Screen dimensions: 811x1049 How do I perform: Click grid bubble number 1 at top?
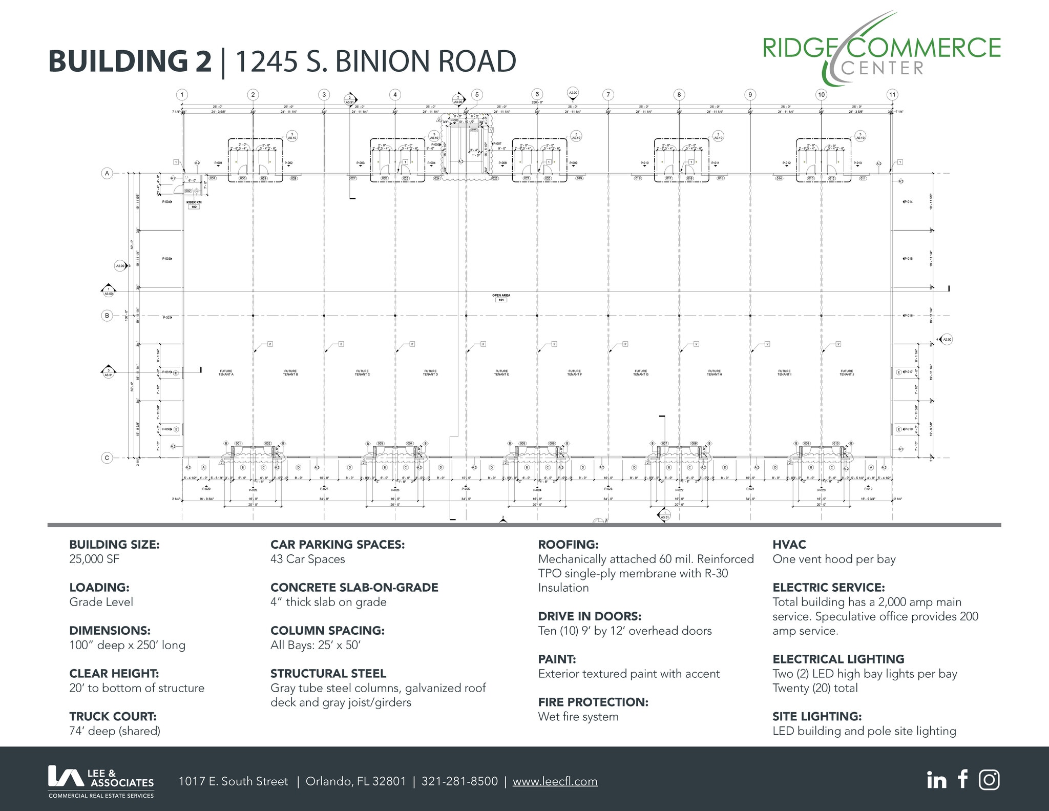[182, 95]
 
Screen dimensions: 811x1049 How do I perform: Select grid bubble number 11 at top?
[892, 95]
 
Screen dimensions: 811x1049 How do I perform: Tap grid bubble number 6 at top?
[537, 94]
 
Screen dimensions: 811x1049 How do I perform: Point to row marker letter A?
[107, 173]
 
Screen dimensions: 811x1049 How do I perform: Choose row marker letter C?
[107, 458]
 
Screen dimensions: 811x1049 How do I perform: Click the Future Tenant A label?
[226, 373]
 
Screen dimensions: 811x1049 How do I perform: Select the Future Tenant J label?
[847, 373]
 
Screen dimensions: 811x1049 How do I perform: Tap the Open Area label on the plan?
[501, 296]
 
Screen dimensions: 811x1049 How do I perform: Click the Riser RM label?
[194, 202]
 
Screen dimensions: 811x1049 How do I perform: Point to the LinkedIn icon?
[936, 780]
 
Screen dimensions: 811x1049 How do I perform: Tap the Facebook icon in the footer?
[963, 779]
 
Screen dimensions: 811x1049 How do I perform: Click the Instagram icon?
[989, 780]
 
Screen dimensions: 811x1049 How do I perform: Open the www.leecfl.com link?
[555, 781]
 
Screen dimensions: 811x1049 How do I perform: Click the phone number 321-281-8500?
[459, 781]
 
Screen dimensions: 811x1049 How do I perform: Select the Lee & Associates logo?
[101, 781]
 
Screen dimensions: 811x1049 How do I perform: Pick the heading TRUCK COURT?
[113, 716]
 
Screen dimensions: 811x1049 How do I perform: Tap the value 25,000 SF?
[94, 559]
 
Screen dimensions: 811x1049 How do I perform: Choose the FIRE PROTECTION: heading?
[593, 702]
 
